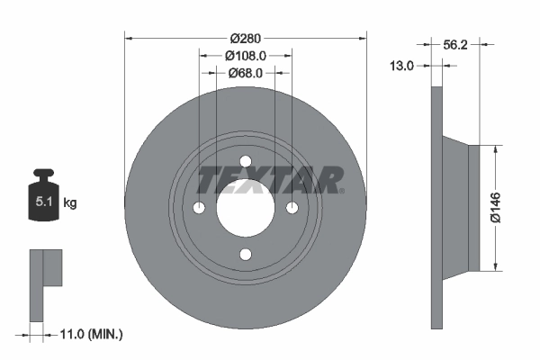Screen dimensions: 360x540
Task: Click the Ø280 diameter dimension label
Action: [x=246, y=38]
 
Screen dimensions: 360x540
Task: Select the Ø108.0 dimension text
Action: [x=246, y=55]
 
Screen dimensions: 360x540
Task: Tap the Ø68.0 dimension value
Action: [x=246, y=73]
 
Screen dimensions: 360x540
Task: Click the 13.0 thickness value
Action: [x=401, y=65]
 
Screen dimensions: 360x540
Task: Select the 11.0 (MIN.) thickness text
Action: [x=89, y=334]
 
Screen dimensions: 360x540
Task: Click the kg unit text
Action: [x=69, y=203]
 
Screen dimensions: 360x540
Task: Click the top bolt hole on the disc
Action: [x=246, y=161]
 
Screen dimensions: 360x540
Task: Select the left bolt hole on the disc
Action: [x=199, y=208]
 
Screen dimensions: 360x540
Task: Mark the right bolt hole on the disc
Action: [x=292, y=208]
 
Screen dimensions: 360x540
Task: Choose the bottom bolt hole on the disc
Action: [x=246, y=255]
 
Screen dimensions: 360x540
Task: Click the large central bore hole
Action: [x=246, y=208]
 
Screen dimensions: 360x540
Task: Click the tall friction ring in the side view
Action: [x=438, y=208]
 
